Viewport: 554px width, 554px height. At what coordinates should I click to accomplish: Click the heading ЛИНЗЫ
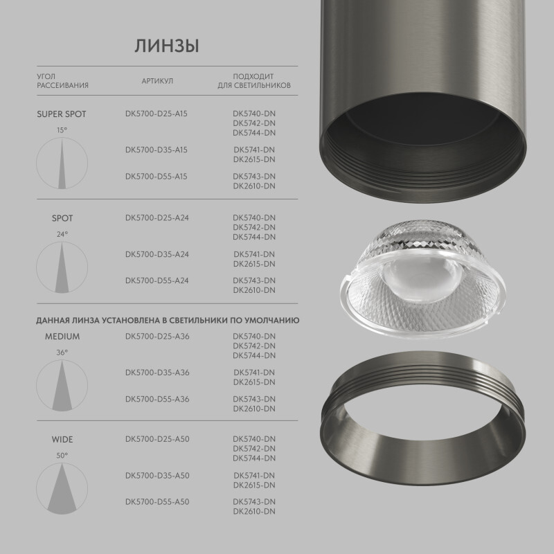(x=167, y=46)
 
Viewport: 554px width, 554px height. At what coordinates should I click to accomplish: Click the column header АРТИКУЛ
(x=157, y=81)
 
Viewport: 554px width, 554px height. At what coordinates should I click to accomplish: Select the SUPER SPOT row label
(x=62, y=114)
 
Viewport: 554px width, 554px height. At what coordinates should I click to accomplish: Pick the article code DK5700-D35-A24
(x=157, y=254)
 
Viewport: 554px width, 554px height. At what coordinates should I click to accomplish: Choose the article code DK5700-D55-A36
(x=157, y=399)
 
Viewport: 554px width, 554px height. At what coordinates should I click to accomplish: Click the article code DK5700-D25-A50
(x=157, y=439)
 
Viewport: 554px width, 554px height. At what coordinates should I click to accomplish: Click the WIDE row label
(x=62, y=440)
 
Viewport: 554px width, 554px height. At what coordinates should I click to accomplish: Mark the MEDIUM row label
(x=62, y=337)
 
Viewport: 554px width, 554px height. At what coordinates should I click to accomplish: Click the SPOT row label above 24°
(x=62, y=219)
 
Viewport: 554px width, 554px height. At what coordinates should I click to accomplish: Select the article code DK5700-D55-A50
(x=157, y=501)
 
